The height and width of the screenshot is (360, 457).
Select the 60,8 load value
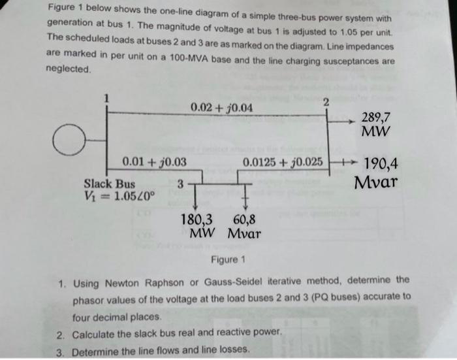[244, 220]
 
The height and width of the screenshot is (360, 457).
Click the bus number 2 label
[327, 102]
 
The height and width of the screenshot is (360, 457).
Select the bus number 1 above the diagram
[108, 98]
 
